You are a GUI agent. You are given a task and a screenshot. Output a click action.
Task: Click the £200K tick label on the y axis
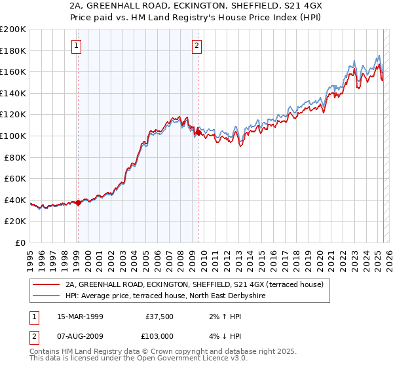pyautogui.click(x=13, y=29)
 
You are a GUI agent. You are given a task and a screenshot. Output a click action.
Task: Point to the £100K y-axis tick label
pyautogui.click(x=13, y=136)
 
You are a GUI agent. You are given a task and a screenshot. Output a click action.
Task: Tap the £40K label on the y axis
pyautogui.click(x=15, y=200)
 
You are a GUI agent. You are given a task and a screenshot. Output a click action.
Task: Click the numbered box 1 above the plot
pyautogui.click(x=77, y=45)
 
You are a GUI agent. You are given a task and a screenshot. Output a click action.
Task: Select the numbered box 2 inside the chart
pyautogui.click(x=197, y=45)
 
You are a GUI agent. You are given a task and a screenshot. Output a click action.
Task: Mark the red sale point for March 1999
pyautogui.click(x=78, y=203)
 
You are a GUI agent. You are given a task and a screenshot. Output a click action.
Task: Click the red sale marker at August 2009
pyautogui.click(x=198, y=133)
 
